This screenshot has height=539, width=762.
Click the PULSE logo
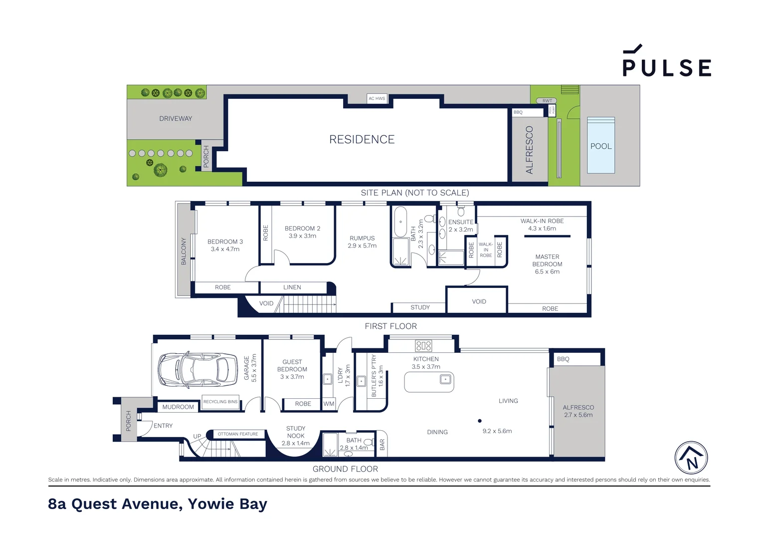click(666, 62)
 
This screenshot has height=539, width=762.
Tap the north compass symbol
click(691, 457)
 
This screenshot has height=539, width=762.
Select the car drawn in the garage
click(197, 370)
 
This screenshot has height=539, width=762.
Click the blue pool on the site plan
click(601, 146)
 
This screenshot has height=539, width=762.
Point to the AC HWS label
click(377, 98)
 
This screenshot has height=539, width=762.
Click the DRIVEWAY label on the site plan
click(176, 118)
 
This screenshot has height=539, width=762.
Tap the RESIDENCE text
click(362, 139)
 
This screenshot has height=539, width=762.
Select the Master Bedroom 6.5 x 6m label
click(547, 264)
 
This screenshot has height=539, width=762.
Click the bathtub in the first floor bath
click(400, 222)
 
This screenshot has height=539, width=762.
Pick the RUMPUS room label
click(362, 242)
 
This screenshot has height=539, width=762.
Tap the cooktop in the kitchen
click(423, 345)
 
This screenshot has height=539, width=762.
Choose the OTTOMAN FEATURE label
click(238, 434)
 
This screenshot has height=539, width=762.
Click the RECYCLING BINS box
click(220, 402)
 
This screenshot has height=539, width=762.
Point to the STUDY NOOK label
click(296, 435)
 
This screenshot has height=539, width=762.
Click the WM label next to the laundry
click(329, 404)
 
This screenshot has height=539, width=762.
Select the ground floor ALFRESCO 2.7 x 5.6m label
click(578, 411)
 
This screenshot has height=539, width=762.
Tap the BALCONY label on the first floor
click(184, 251)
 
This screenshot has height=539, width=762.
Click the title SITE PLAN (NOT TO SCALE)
click(414, 193)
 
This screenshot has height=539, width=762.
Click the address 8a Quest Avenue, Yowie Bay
click(158, 504)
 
